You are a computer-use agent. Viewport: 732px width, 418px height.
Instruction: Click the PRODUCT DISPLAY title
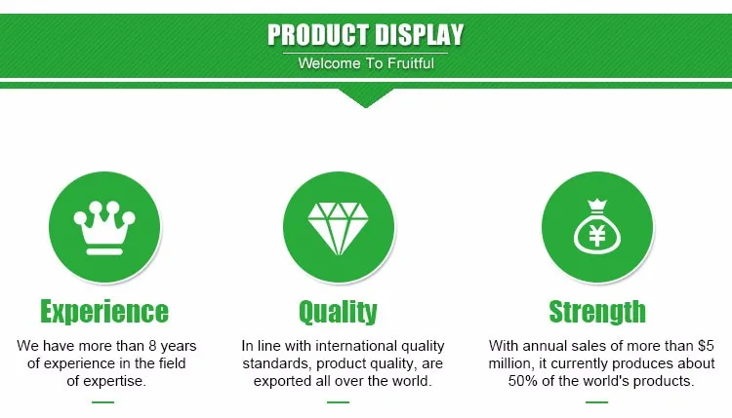tap(366, 34)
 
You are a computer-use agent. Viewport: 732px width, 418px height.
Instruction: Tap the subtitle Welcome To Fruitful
tap(366, 64)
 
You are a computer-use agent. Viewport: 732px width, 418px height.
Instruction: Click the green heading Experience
tap(104, 312)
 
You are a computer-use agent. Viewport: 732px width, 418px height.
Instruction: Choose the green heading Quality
tap(338, 312)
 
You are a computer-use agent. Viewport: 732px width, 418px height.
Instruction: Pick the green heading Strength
tap(597, 312)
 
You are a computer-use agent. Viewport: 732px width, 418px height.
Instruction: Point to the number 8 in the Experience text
tap(151, 346)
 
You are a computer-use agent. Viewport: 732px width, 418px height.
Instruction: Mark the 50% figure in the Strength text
tap(523, 381)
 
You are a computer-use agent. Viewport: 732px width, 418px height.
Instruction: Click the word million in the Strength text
tap(512, 363)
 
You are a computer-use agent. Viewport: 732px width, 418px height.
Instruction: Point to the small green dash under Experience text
tap(102, 401)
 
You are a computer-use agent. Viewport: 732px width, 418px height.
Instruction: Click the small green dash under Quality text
tap(338, 401)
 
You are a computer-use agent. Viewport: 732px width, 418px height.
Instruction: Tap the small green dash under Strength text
tap(596, 401)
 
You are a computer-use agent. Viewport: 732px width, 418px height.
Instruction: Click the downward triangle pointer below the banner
tap(366, 98)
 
